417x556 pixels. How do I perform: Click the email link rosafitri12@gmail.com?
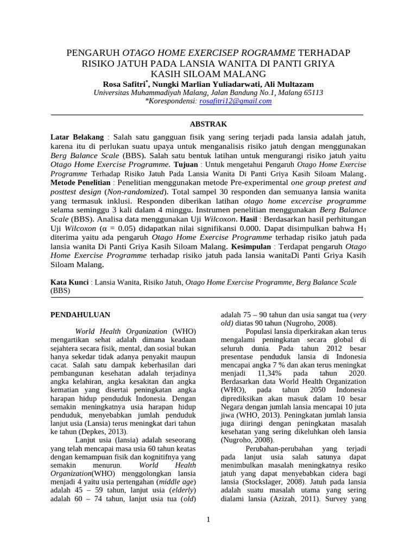tap(236, 101)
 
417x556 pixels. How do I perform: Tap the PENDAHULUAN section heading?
tap(80, 314)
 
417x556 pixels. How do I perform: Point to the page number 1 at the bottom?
tap(208, 520)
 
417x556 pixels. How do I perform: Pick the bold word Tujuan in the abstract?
tap(186, 163)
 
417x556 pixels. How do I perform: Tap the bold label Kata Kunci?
tap(69, 282)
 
